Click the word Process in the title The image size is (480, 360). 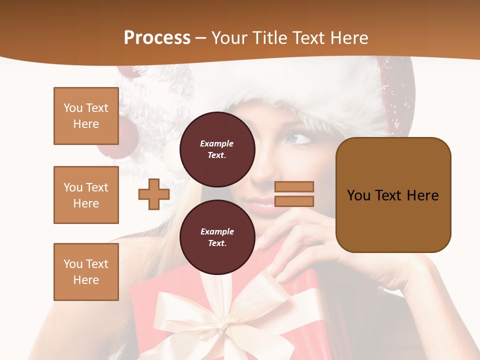(x=157, y=37)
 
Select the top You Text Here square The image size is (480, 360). (x=86, y=116)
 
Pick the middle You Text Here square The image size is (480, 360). (x=86, y=195)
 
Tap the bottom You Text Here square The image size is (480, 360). (x=86, y=272)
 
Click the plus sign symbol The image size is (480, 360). (x=154, y=194)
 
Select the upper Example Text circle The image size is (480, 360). (x=217, y=149)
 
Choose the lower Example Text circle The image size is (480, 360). (x=217, y=237)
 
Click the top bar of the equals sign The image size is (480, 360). (x=294, y=186)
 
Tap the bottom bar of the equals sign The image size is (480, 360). (x=294, y=201)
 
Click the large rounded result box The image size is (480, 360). (x=393, y=195)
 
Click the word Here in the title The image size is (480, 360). (x=348, y=37)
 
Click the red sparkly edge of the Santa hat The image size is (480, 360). (x=397, y=95)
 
